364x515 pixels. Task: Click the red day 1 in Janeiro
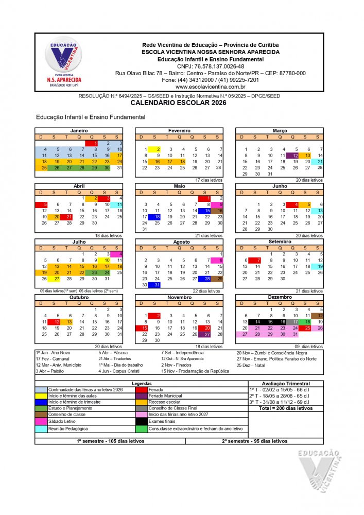(x=95, y=143)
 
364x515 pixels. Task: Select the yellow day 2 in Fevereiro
(x=158, y=149)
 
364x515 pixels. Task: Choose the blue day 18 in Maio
(x=158, y=217)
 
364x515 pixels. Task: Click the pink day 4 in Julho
(x=120, y=254)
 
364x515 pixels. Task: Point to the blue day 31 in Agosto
(x=157, y=285)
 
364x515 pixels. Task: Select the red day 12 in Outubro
(x=57, y=322)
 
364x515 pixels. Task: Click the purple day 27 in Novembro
(x=207, y=334)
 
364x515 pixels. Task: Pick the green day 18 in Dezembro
(x=307, y=322)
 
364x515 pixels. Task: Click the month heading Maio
(x=179, y=186)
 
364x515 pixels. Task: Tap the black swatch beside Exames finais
(x=142, y=421)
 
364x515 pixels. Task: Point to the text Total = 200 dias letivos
(x=285, y=408)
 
